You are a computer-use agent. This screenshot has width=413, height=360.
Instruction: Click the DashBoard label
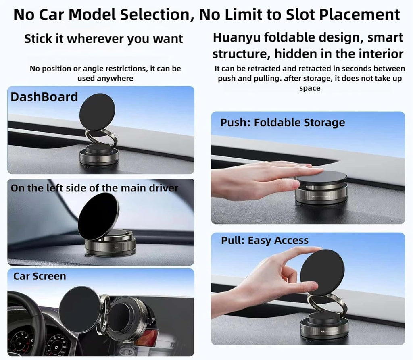44,97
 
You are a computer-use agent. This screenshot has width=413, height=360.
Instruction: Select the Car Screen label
40,276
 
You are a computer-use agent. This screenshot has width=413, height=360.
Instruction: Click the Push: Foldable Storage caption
282,123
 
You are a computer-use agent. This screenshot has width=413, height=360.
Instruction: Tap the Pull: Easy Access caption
265,241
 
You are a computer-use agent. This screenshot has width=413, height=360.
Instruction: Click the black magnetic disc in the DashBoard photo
97,112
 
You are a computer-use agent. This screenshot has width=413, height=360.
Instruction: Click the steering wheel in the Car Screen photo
28,318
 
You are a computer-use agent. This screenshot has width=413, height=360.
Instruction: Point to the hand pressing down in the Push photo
258,179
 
